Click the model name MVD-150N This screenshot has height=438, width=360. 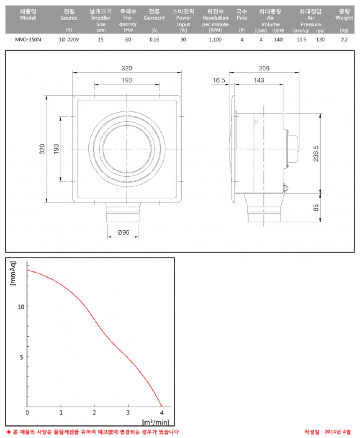28,40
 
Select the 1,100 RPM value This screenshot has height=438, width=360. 215,40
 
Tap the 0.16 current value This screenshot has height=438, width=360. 154,40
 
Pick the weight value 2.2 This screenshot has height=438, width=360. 344,40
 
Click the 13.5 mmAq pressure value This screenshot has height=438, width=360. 301,40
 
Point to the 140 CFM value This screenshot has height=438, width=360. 278,40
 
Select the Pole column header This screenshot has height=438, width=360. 242,15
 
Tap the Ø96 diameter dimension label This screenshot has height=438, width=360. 123,233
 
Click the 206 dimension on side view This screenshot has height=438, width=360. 264,68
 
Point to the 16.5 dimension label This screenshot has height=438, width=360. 219,80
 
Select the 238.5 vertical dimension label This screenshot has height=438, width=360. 316,154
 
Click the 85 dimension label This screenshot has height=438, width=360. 316,208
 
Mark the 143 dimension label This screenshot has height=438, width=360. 259,80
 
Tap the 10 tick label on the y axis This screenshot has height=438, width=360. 21,307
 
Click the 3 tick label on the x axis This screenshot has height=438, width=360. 128,412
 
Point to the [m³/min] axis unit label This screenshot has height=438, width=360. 156,422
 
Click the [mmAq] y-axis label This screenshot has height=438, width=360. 13,273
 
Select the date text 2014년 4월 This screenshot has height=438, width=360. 337,432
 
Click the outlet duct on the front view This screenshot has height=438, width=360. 123,213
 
